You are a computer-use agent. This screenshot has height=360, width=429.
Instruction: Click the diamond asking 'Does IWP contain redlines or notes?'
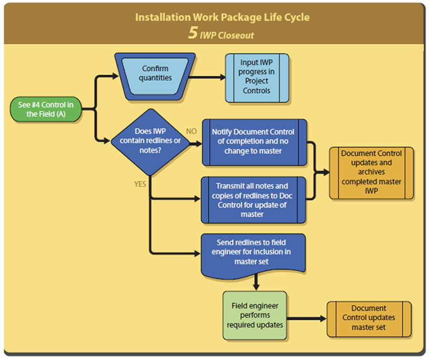coord(150,141)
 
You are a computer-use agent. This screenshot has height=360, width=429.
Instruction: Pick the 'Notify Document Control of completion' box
coord(254,142)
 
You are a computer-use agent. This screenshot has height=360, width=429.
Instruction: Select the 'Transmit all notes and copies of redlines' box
coord(254,199)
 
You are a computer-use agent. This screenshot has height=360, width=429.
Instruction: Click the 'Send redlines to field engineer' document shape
coord(254,255)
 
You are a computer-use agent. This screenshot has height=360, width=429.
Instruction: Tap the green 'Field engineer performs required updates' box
coord(255,315)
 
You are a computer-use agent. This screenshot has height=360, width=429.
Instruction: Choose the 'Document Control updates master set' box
coord(369,318)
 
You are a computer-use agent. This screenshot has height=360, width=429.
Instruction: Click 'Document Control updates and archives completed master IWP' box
coord(371,172)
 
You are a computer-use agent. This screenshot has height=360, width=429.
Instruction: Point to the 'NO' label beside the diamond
coord(192,131)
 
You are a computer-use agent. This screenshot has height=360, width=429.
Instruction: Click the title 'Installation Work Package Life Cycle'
coord(222,17)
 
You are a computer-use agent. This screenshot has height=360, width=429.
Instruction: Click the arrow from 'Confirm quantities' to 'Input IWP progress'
coord(209,77)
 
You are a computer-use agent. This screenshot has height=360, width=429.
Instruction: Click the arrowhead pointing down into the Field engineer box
coord(255,287)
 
